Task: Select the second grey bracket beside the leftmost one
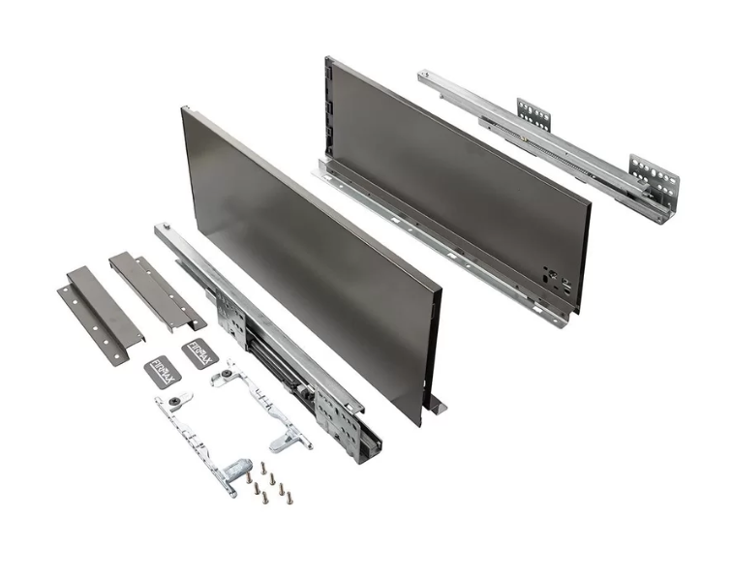pyautogui.click(x=155, y=289)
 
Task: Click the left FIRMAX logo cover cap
pyautogui.click(x=163, y=374)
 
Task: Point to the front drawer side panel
pyautogui.click(x=310, y=261)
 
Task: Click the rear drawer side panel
pyautogui.click(x=455, y=174)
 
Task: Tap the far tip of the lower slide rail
pyautogui.click(x=161, y=230)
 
